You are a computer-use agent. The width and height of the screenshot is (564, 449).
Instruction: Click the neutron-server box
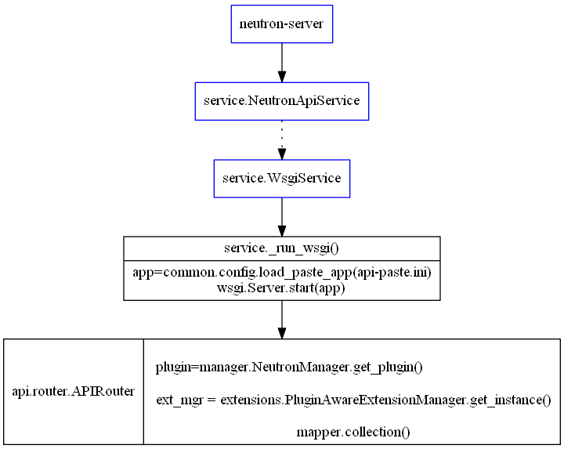pyautogui.click(x=281, y=24)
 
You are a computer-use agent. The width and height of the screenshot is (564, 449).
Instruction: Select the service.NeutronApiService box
pyautogui.click(x=281, y=101)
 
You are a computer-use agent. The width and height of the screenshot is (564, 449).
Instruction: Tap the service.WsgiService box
pyautogui.click(x=281, y=178)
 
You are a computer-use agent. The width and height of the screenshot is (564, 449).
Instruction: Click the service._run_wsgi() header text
pyautogui.click(x=281, y=248)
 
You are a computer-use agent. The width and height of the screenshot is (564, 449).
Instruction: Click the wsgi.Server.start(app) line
pyautogui.click(x=281, y=288)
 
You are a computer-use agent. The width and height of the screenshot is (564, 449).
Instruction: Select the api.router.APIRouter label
pyautogui.click(x=74, y=391)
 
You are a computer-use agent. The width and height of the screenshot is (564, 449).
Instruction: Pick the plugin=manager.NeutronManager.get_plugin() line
pyautogui.click(x=289, y=367)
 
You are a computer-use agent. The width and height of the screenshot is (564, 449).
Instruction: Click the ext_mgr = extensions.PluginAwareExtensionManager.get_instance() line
pyautogui.click(x=353, y=400)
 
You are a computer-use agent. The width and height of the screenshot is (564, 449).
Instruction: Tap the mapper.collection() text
pyautogui.click(x=353, y=432)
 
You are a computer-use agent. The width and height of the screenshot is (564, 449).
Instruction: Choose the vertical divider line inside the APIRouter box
pyautogui.click(x=143, y=391)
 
